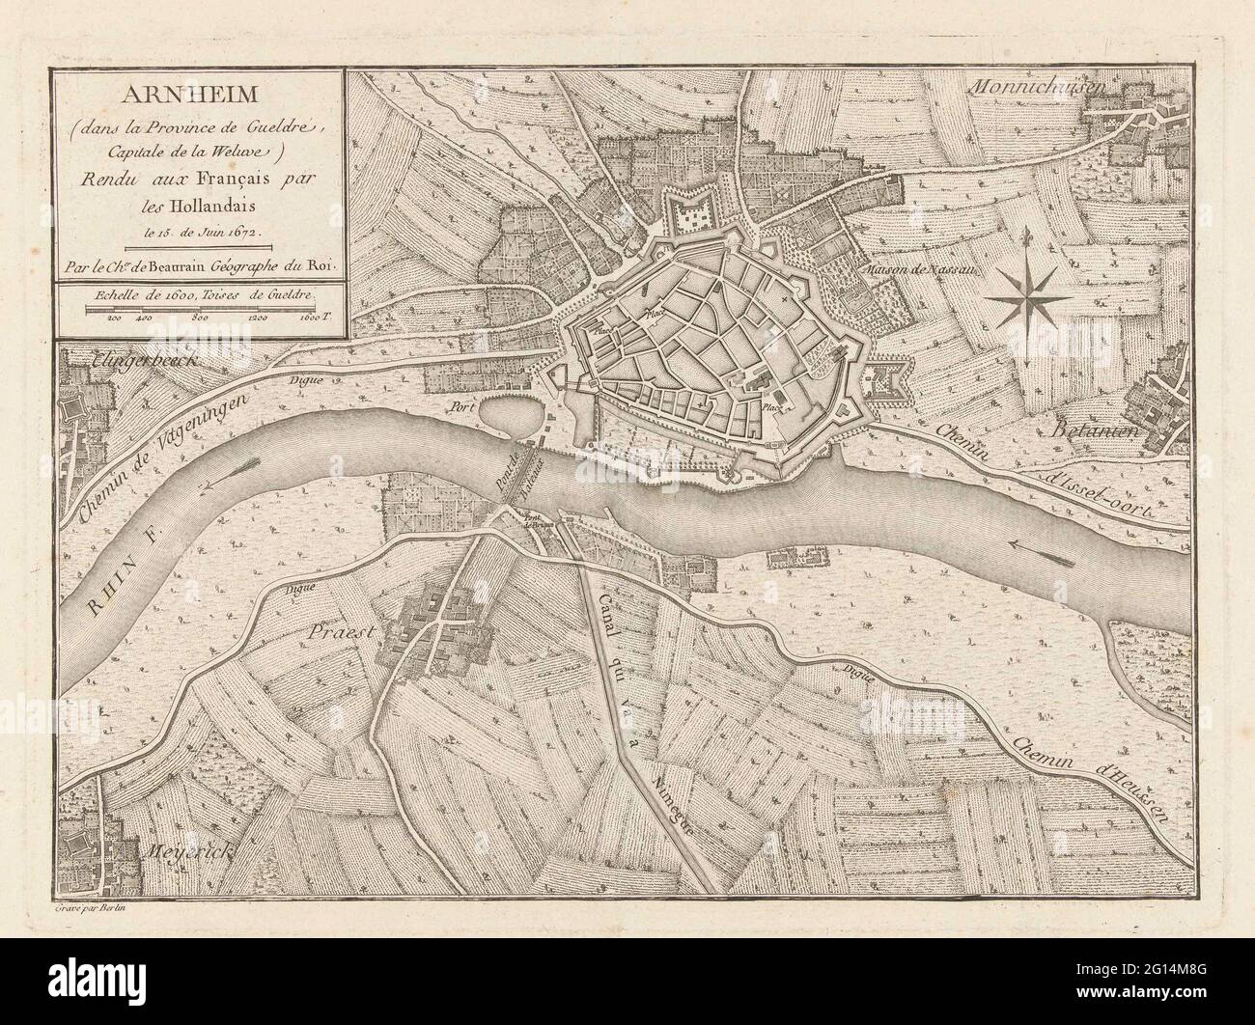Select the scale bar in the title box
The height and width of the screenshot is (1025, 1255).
200,308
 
